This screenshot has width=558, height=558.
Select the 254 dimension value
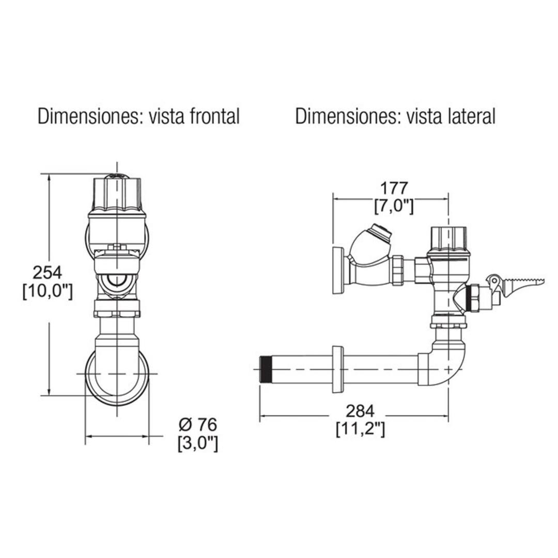(x=48, y=272)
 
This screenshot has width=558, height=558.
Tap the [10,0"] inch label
(x=48, y=291)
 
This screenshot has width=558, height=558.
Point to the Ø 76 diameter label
(x=198, y=425)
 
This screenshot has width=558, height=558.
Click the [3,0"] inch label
(x=198, y=443)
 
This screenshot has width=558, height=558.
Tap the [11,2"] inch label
(x=360, y=429)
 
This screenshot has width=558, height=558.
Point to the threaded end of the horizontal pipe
(x=266, y=369)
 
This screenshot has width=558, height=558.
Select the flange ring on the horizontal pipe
(x=338, y=369)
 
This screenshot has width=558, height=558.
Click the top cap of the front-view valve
(x=117, y=192)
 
